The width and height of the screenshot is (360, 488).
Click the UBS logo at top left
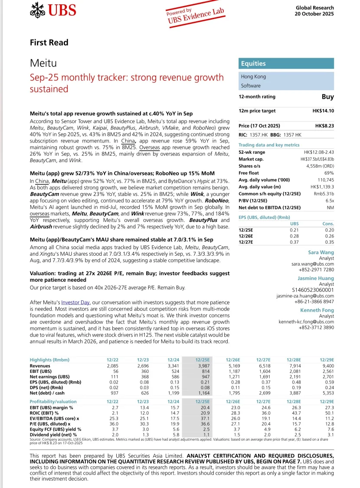coord(53,10)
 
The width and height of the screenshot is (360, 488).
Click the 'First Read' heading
coord(49,42)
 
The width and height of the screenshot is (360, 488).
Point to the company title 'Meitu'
coord(43,64)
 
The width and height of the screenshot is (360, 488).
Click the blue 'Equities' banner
coord(286,63)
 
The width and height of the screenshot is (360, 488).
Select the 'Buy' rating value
coord(327,97)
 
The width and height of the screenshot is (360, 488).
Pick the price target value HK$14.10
coord(323,111)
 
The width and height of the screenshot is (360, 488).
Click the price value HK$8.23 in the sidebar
coord(324,125)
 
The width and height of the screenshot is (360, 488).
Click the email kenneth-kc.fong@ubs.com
coord(306,322)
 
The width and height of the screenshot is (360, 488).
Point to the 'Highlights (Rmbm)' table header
coord(49,360)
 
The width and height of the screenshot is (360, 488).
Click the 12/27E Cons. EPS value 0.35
coord(329,241)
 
